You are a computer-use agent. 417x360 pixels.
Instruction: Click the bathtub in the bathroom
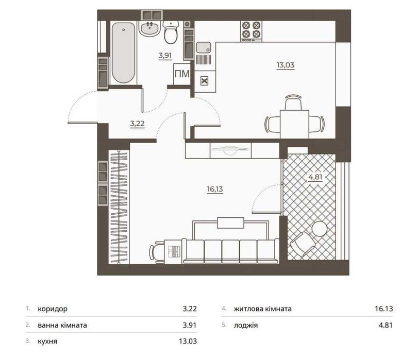click(123, 53)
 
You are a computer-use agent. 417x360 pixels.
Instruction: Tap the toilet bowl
click(171, 32)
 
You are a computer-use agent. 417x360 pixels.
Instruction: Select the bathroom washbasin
click(149, 29)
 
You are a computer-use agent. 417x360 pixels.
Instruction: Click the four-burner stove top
click(252, 31)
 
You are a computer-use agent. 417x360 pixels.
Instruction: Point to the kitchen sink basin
click(204, 47)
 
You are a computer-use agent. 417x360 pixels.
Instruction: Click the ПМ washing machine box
click(182, 74)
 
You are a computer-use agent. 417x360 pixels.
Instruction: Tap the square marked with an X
click(204, 81)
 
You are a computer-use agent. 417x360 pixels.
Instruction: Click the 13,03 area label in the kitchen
click(286, 65)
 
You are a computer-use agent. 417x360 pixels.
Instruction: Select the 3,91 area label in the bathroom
click(165, 56)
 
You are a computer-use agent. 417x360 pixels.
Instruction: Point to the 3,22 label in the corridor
click(137, 124)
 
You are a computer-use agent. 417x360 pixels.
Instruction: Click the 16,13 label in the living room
click(215, 190)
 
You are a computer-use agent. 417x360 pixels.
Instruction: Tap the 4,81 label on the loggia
click(315, 177)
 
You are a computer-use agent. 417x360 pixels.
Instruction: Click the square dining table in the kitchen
click(294, 124)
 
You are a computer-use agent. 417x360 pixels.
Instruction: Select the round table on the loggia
click(319, 229)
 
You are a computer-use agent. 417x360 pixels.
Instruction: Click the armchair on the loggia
click(303, 245)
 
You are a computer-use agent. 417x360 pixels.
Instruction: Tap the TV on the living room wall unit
click(230, 150)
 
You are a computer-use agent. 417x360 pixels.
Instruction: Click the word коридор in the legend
click(53, 309)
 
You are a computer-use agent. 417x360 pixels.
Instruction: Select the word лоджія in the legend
click(246, 325)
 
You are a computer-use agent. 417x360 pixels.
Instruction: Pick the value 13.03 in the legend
click(188, 341)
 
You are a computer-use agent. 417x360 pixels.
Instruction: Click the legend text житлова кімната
click(263, 309)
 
